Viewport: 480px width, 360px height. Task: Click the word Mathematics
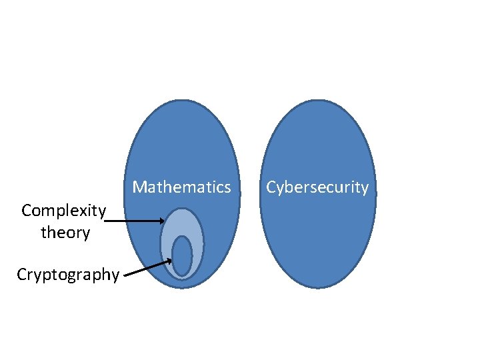181,187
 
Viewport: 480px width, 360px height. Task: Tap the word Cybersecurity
317,187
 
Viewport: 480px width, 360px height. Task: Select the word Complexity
63,211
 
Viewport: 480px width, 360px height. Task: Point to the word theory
65,233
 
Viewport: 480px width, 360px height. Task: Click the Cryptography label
68,274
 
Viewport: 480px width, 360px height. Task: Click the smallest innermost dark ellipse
182,255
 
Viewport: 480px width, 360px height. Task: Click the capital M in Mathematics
139,187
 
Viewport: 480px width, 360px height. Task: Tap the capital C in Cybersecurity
271,187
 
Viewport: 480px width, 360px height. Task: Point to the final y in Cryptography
115,275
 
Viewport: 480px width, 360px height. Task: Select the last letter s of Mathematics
227,187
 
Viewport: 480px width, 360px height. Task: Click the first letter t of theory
43,233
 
